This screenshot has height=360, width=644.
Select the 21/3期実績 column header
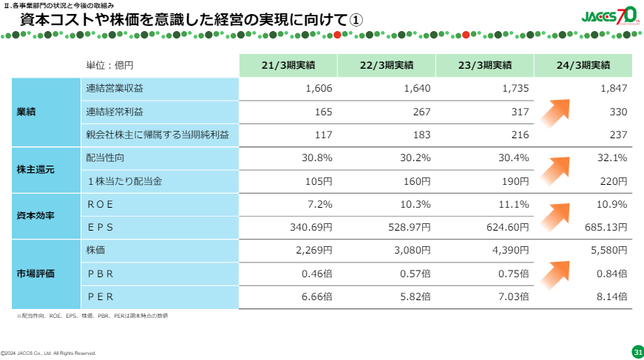[288, 65]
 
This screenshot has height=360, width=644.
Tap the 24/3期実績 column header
[583, 65]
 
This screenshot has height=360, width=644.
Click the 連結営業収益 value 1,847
[613, 89]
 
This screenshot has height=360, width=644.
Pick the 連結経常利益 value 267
[419, 112]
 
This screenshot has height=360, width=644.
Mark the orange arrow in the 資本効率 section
[557, 215]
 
